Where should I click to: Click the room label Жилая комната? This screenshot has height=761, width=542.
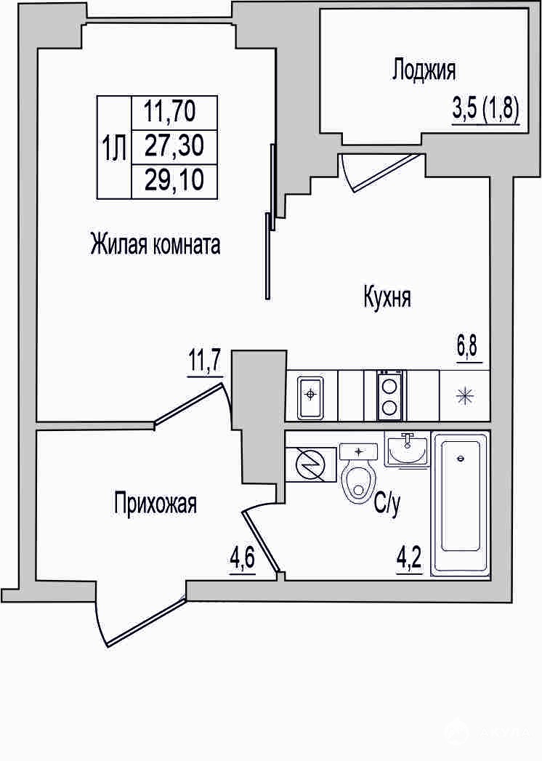(155, 244)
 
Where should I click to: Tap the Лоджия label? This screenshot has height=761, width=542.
(424, 69)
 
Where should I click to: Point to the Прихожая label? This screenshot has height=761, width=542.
(155, 503)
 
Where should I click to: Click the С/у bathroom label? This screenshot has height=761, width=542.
(387, 506)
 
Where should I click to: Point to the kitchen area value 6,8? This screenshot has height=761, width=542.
(469, 348)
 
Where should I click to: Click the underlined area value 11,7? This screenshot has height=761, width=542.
(203, 361)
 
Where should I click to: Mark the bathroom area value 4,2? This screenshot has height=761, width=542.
(410, 561)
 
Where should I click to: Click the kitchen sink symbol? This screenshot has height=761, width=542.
(310, 396)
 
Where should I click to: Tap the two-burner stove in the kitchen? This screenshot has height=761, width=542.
(389, 395)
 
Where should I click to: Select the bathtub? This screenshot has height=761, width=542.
(460, 503)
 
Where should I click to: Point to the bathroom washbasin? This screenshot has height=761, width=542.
(408, 449)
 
